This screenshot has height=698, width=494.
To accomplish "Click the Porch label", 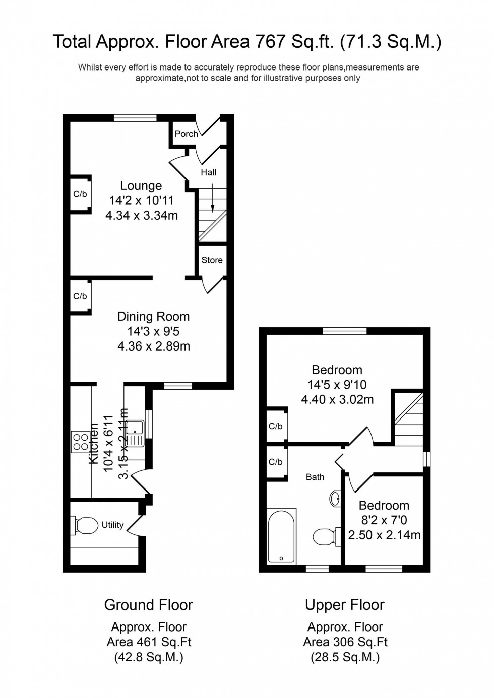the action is (186, 134).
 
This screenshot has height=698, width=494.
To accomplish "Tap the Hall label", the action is (209, 172).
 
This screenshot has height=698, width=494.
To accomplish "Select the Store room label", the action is (212, 260).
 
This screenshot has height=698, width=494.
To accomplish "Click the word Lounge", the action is (141, 186).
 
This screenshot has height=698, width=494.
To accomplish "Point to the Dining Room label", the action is (153, 317).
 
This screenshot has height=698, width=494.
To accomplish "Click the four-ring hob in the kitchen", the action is (81, 442).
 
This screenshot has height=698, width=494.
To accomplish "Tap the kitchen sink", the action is (135, 433).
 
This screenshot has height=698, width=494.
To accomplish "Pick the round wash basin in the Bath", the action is (335, 499).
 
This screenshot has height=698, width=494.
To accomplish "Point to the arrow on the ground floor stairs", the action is (213, 198).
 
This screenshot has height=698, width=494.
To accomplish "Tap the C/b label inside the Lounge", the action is (80, 194).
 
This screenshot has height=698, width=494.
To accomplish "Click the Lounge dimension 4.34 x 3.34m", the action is (142, 216).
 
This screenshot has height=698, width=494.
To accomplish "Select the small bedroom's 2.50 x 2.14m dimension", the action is (384, 535).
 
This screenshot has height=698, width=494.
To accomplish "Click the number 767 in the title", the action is (268, 41).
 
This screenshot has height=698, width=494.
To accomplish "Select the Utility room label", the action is (112, 525).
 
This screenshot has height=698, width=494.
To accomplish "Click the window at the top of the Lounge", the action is (135, 118).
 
